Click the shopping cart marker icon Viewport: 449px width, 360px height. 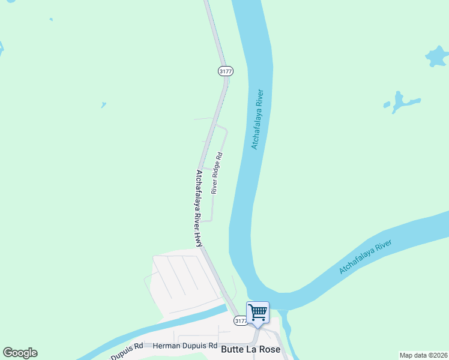click(258, 312)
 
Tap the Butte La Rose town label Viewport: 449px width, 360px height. click(250, 349)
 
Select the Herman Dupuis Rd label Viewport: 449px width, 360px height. click(185, 346)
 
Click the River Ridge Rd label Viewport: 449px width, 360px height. click(217, 172)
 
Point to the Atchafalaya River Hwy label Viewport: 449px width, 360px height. click(199, 207)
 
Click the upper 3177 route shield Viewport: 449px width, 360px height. click(225, 71)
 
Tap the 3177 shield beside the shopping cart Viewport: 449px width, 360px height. click(240, 321)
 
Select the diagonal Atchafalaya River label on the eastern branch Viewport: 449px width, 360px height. click(365, 257)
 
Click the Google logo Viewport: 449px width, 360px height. click(20, 353)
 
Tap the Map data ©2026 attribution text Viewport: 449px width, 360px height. click(424, 355)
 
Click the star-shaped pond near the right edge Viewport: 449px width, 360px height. click(436, 57)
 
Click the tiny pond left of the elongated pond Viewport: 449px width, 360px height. click(387, 105)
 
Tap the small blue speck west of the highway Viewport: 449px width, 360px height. click(104, 105)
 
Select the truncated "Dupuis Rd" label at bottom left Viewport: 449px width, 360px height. click(130, 346)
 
